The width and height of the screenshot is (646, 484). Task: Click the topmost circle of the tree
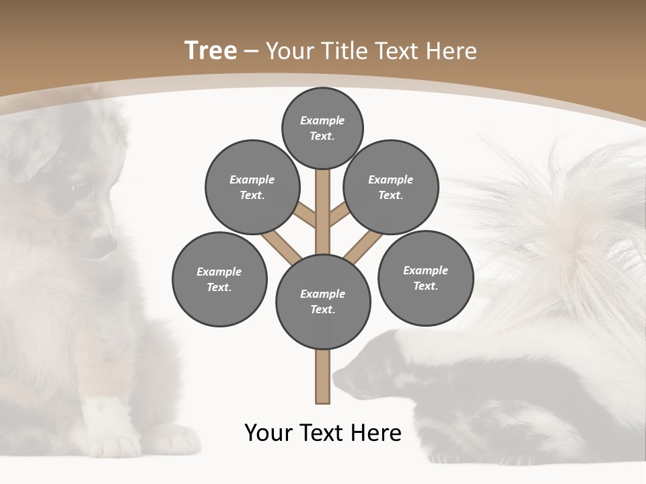322,128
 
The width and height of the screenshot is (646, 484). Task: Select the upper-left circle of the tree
252,187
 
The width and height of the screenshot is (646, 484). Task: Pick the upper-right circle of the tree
391,187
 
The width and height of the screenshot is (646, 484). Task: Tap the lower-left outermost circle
219,279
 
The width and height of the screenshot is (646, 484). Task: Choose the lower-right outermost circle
425,278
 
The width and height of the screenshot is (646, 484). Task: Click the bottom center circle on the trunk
323,301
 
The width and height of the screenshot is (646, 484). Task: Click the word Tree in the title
211,50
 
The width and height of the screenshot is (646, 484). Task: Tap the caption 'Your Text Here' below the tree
323,433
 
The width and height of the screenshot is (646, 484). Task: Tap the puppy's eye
79,186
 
